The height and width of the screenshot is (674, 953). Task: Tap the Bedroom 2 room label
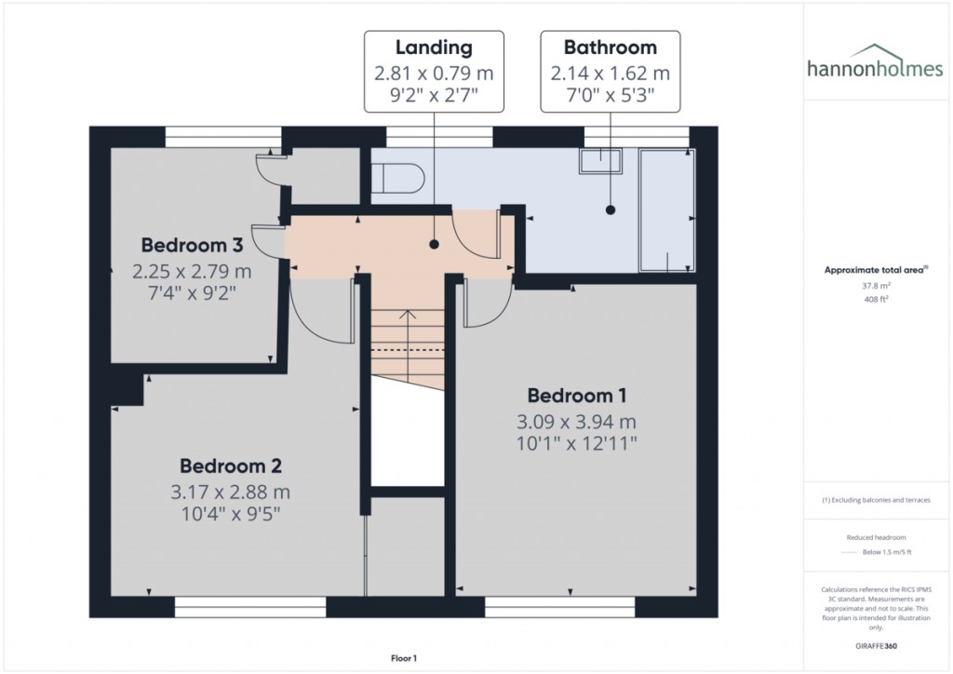[x=231, y=465]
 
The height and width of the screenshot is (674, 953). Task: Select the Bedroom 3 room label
[x=192, y=245]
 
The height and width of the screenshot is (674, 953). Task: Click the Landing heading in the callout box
[x=434, y=47]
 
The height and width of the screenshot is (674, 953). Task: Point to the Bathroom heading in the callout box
[x=610, y=47]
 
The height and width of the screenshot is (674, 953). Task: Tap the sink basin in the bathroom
[x=603, y=161]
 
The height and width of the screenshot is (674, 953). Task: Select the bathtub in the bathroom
[x=667, y=209]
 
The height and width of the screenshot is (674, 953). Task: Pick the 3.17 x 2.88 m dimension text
[x=231, y=492]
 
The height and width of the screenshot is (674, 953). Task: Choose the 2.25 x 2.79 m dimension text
[x=192, y=272]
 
